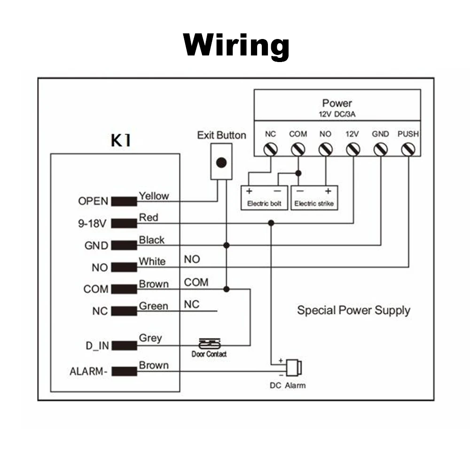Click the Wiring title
[x=236, y=46]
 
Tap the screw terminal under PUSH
[x=408, y=149]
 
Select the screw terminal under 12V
[x=352, y=149]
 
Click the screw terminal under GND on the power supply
[x=380, y=149]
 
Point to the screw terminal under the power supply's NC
[x=270, y=149]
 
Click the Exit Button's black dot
[x=221, y=163]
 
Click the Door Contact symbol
[x=209, y=345]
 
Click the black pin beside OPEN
[x=124, y=201]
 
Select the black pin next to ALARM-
[x=124, y=371]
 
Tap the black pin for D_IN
[x=124, y=346]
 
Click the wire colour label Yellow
[x=154, y=196]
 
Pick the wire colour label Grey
[x=150, y=337]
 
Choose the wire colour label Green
[x=153, y=306]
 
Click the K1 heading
[x=121, y=141]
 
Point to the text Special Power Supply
[x=353, y=310]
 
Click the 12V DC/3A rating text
[x=337, y=113]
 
